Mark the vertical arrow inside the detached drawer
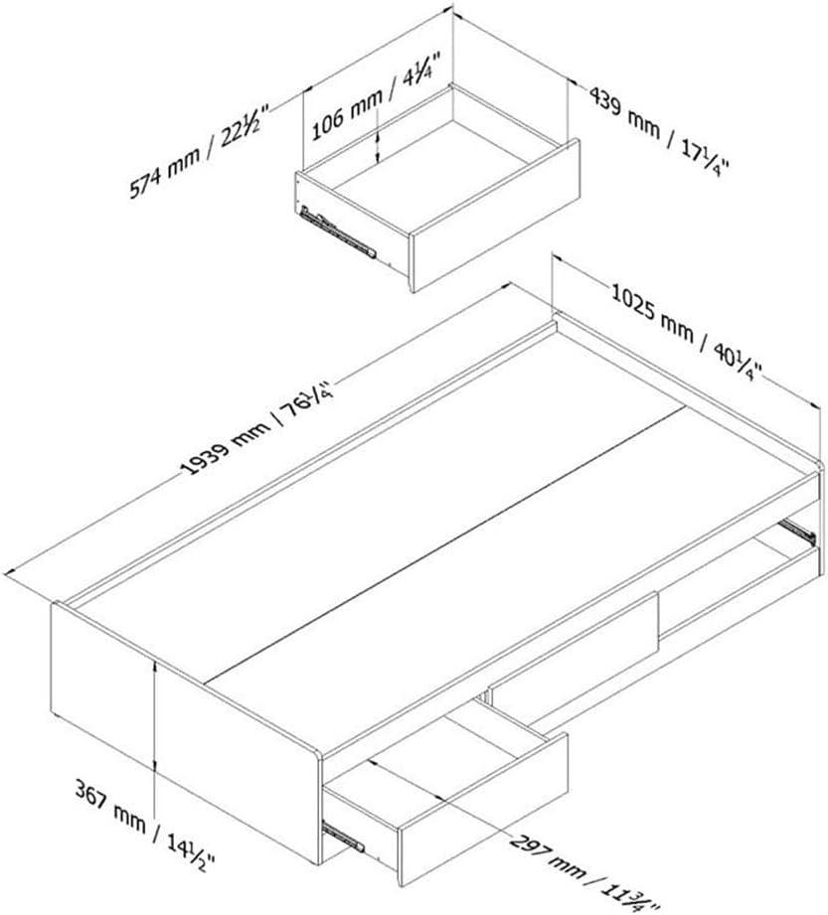379,146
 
